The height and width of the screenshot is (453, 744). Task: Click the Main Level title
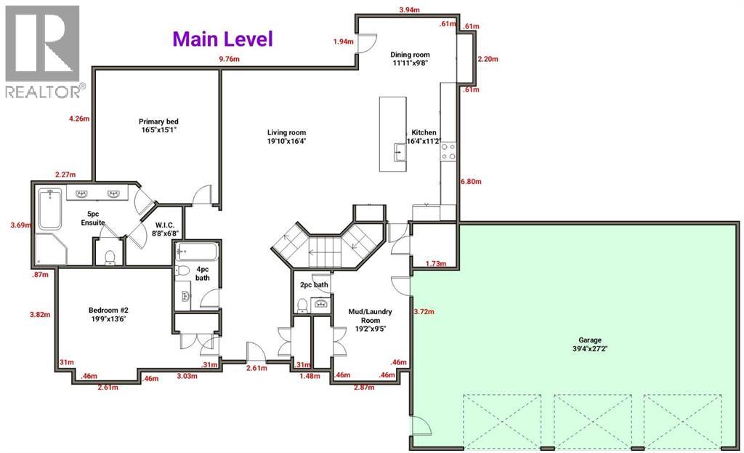222,39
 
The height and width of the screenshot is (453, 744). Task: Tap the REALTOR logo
43,52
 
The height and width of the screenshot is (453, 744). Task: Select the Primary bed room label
158,125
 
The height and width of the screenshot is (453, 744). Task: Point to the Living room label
286,137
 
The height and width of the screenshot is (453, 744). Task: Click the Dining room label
410,58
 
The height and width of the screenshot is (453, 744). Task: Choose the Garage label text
590,344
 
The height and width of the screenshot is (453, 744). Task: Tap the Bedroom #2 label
108,314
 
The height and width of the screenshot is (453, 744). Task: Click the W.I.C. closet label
165,229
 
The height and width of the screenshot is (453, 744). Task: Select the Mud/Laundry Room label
370,320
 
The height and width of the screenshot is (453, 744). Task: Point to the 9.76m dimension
229,60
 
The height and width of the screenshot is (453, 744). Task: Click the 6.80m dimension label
471,181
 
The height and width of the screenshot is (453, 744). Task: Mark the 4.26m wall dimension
78,119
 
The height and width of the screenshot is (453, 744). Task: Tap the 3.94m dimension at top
409,10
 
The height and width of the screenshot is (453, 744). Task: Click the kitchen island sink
400,153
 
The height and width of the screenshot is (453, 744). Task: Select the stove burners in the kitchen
448,151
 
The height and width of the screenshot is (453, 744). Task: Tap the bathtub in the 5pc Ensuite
50,209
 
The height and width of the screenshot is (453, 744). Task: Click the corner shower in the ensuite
52,249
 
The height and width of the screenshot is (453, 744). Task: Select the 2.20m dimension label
488,60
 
